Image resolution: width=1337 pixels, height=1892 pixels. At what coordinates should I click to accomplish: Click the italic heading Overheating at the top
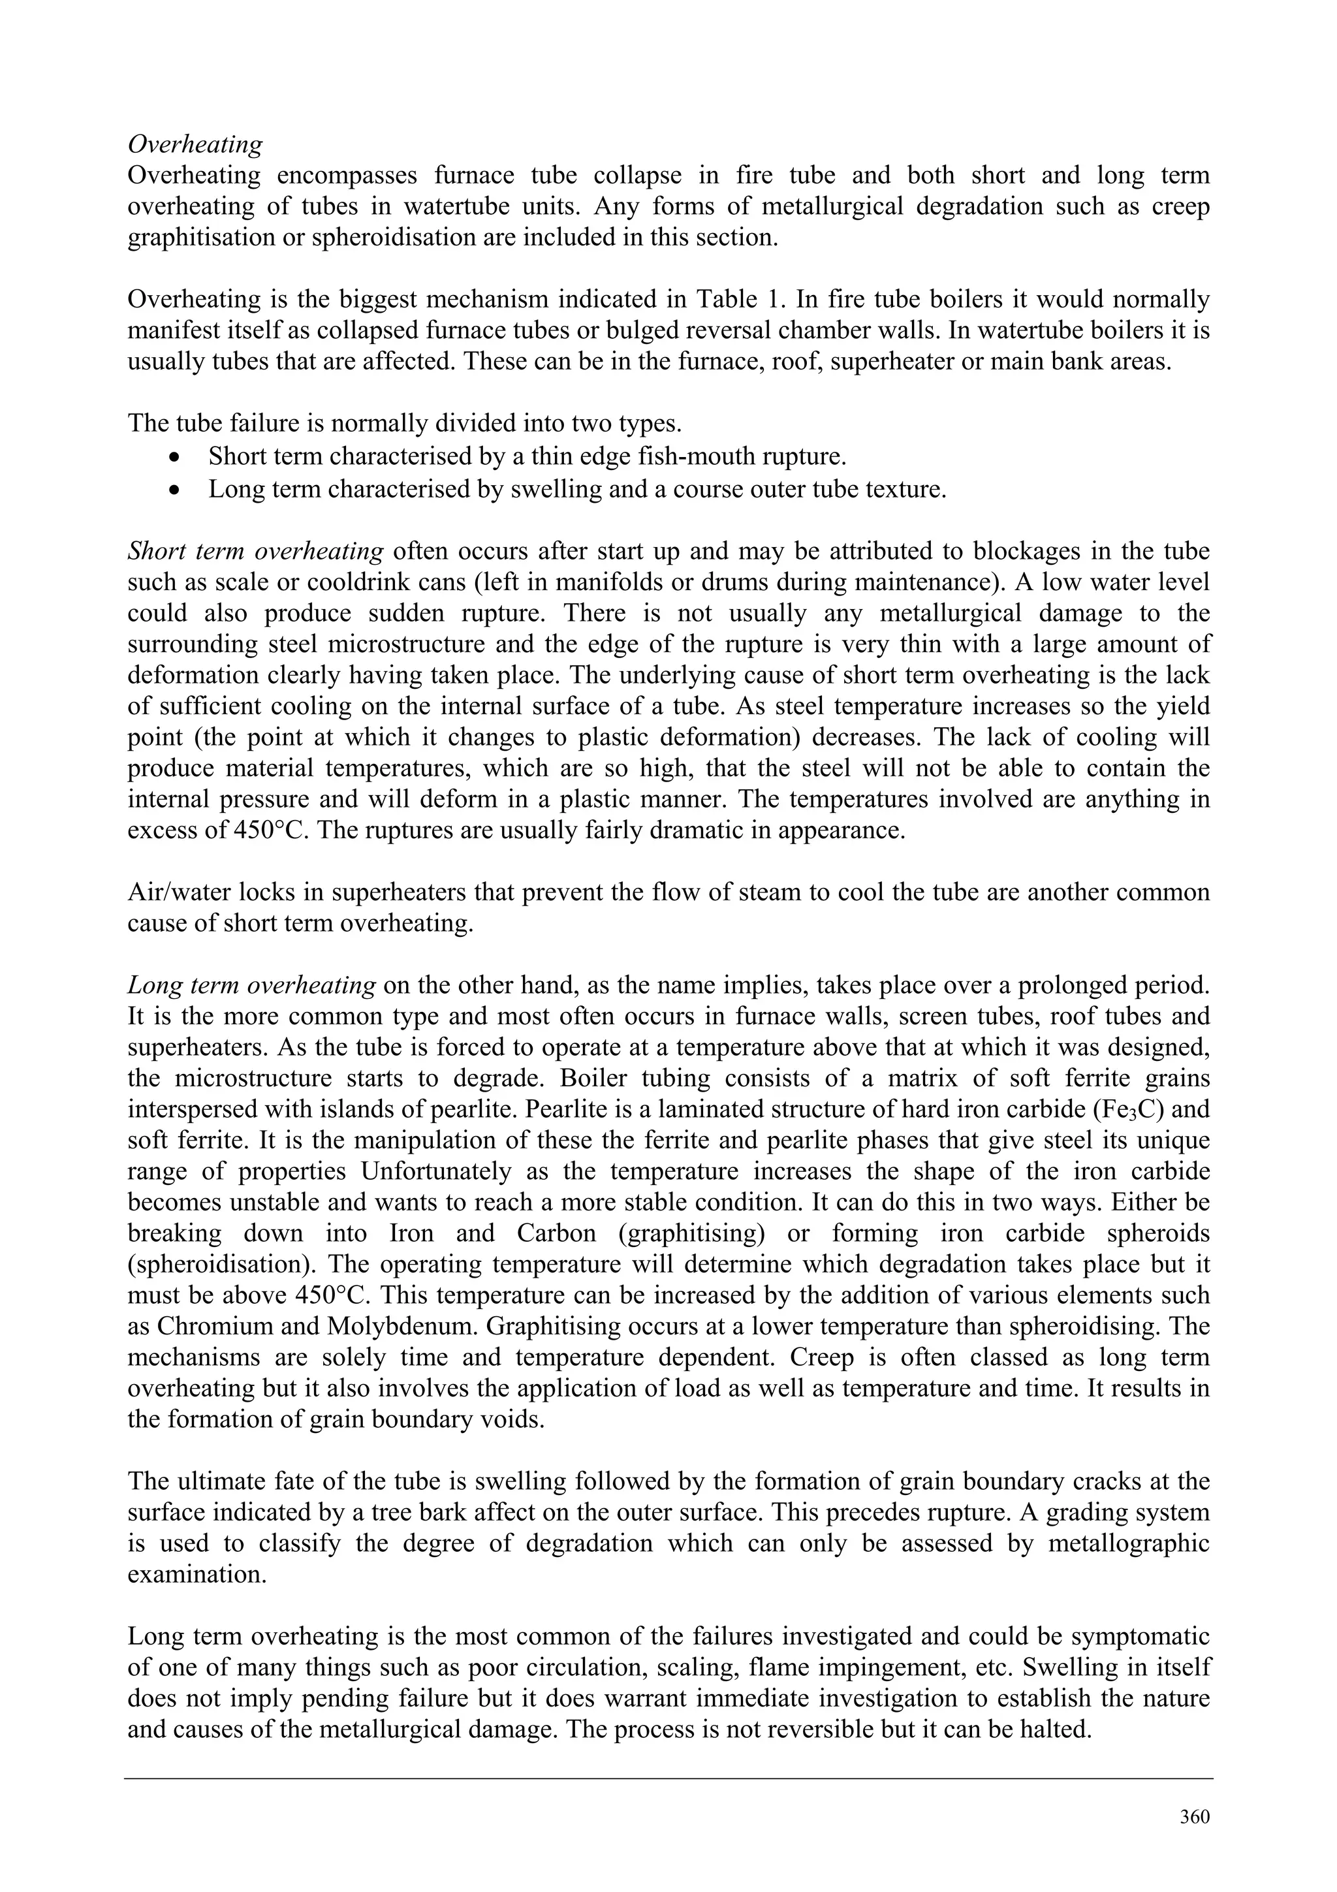tap(195, 145)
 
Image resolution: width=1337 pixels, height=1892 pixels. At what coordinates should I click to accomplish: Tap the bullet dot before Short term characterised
tap(173, 456)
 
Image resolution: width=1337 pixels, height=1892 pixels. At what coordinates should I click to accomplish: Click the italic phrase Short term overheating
tap(255, 551)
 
